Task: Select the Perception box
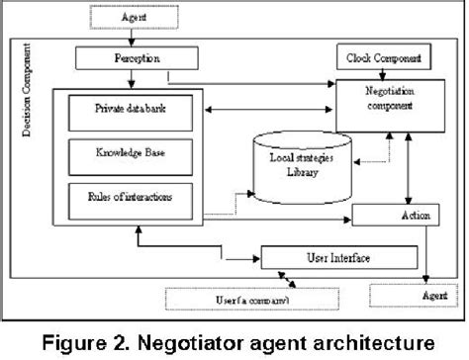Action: pyautogui.click(x=121, y=60)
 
